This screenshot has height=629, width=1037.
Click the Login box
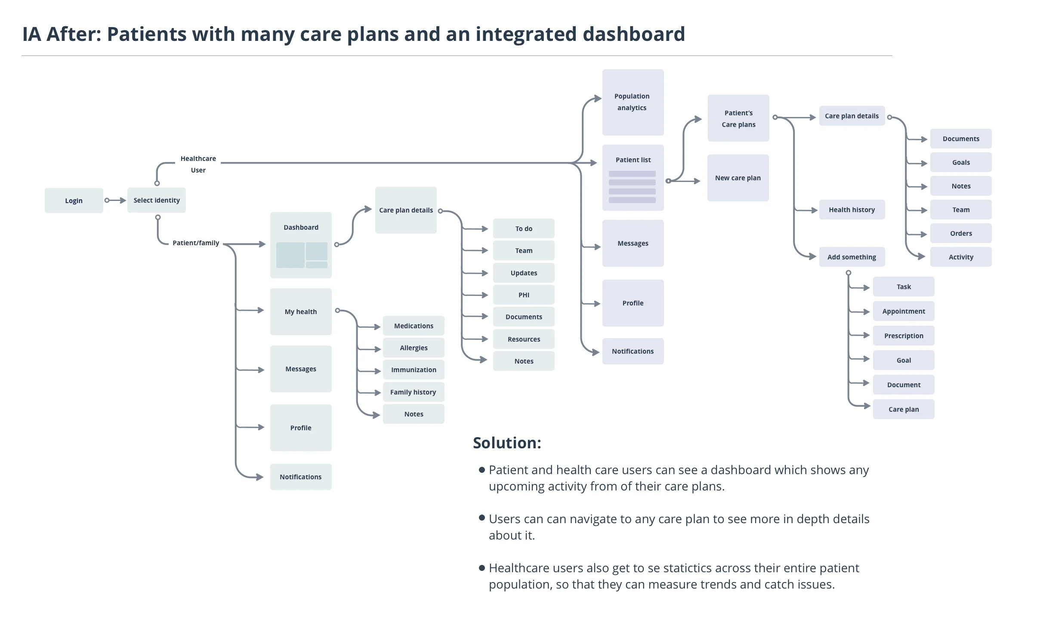click(x=74, y=200)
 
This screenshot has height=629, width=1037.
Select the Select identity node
click(x=157, y=200)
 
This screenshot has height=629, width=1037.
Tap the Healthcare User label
click(x=198, y=164)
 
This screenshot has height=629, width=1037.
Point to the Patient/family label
click(x=196, y=243)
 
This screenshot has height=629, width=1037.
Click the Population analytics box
click(x=633, y=102)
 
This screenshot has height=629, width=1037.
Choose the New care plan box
click(x=738, y=178)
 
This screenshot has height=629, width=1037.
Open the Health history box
click(x=852, y=210)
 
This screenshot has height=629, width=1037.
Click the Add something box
click(x=852, y=257)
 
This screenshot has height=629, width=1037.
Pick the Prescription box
click(x=904, y=336)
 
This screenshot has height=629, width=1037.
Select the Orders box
click(x=961, y=233)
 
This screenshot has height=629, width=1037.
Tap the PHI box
click(x=524, y=295)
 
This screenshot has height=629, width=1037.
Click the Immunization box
click(x=414, y=370)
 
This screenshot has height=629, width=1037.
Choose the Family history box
click(x=414, y=392)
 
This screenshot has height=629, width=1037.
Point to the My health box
click(x=301, y=311)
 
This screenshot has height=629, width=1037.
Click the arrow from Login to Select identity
click(x=115, y=200)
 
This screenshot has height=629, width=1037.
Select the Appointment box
click(x=904, y=311)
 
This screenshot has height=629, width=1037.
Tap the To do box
click(x=524, y=228)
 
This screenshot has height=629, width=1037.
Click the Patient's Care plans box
click(x=738, y=118)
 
